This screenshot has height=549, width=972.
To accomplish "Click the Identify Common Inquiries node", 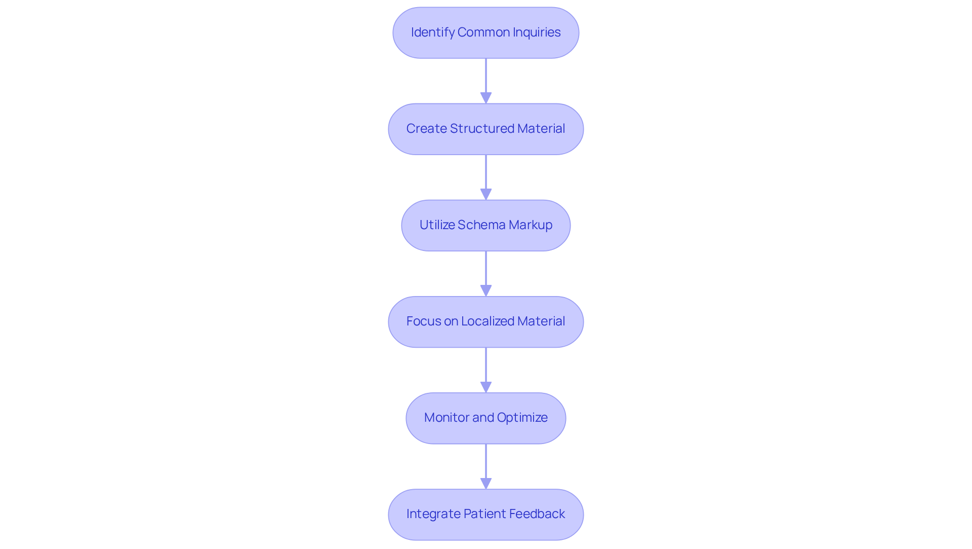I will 485,32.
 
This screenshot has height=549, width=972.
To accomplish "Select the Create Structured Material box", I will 485,129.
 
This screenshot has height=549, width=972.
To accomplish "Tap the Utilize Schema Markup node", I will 485,225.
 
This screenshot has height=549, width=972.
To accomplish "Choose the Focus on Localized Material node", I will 485,321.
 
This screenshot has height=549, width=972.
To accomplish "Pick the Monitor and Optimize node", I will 485,418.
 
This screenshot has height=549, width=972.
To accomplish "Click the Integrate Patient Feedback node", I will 485,514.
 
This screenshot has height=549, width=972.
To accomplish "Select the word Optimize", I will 522,418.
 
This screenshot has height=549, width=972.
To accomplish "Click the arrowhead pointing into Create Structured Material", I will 486,98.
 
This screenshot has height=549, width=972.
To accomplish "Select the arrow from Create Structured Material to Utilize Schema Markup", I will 486,175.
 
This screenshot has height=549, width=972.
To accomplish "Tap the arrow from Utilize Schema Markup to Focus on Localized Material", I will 486,271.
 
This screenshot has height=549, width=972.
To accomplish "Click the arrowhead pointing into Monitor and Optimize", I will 486,387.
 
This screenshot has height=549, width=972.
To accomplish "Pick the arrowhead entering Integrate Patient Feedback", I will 486,483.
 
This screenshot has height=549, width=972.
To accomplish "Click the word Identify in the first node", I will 432,32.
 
